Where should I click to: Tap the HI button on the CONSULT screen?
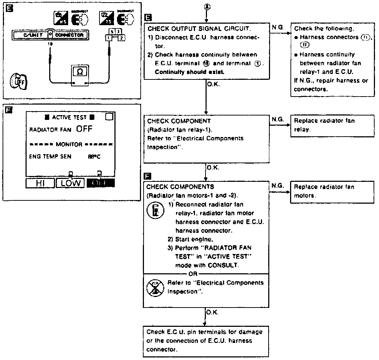click(40, 183)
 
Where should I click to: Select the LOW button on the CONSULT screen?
click(70, 183)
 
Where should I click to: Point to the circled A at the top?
click(207, 7)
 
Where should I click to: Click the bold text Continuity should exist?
click(189, 72)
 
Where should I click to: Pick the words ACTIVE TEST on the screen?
click(70, 117)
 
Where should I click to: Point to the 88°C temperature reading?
click(94, 157)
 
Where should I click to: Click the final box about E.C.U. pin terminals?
click(204, 341)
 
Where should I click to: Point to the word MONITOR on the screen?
click(69, 144)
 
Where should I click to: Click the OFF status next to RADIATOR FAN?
click(84, 129)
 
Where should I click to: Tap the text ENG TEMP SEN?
click(50, 157)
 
